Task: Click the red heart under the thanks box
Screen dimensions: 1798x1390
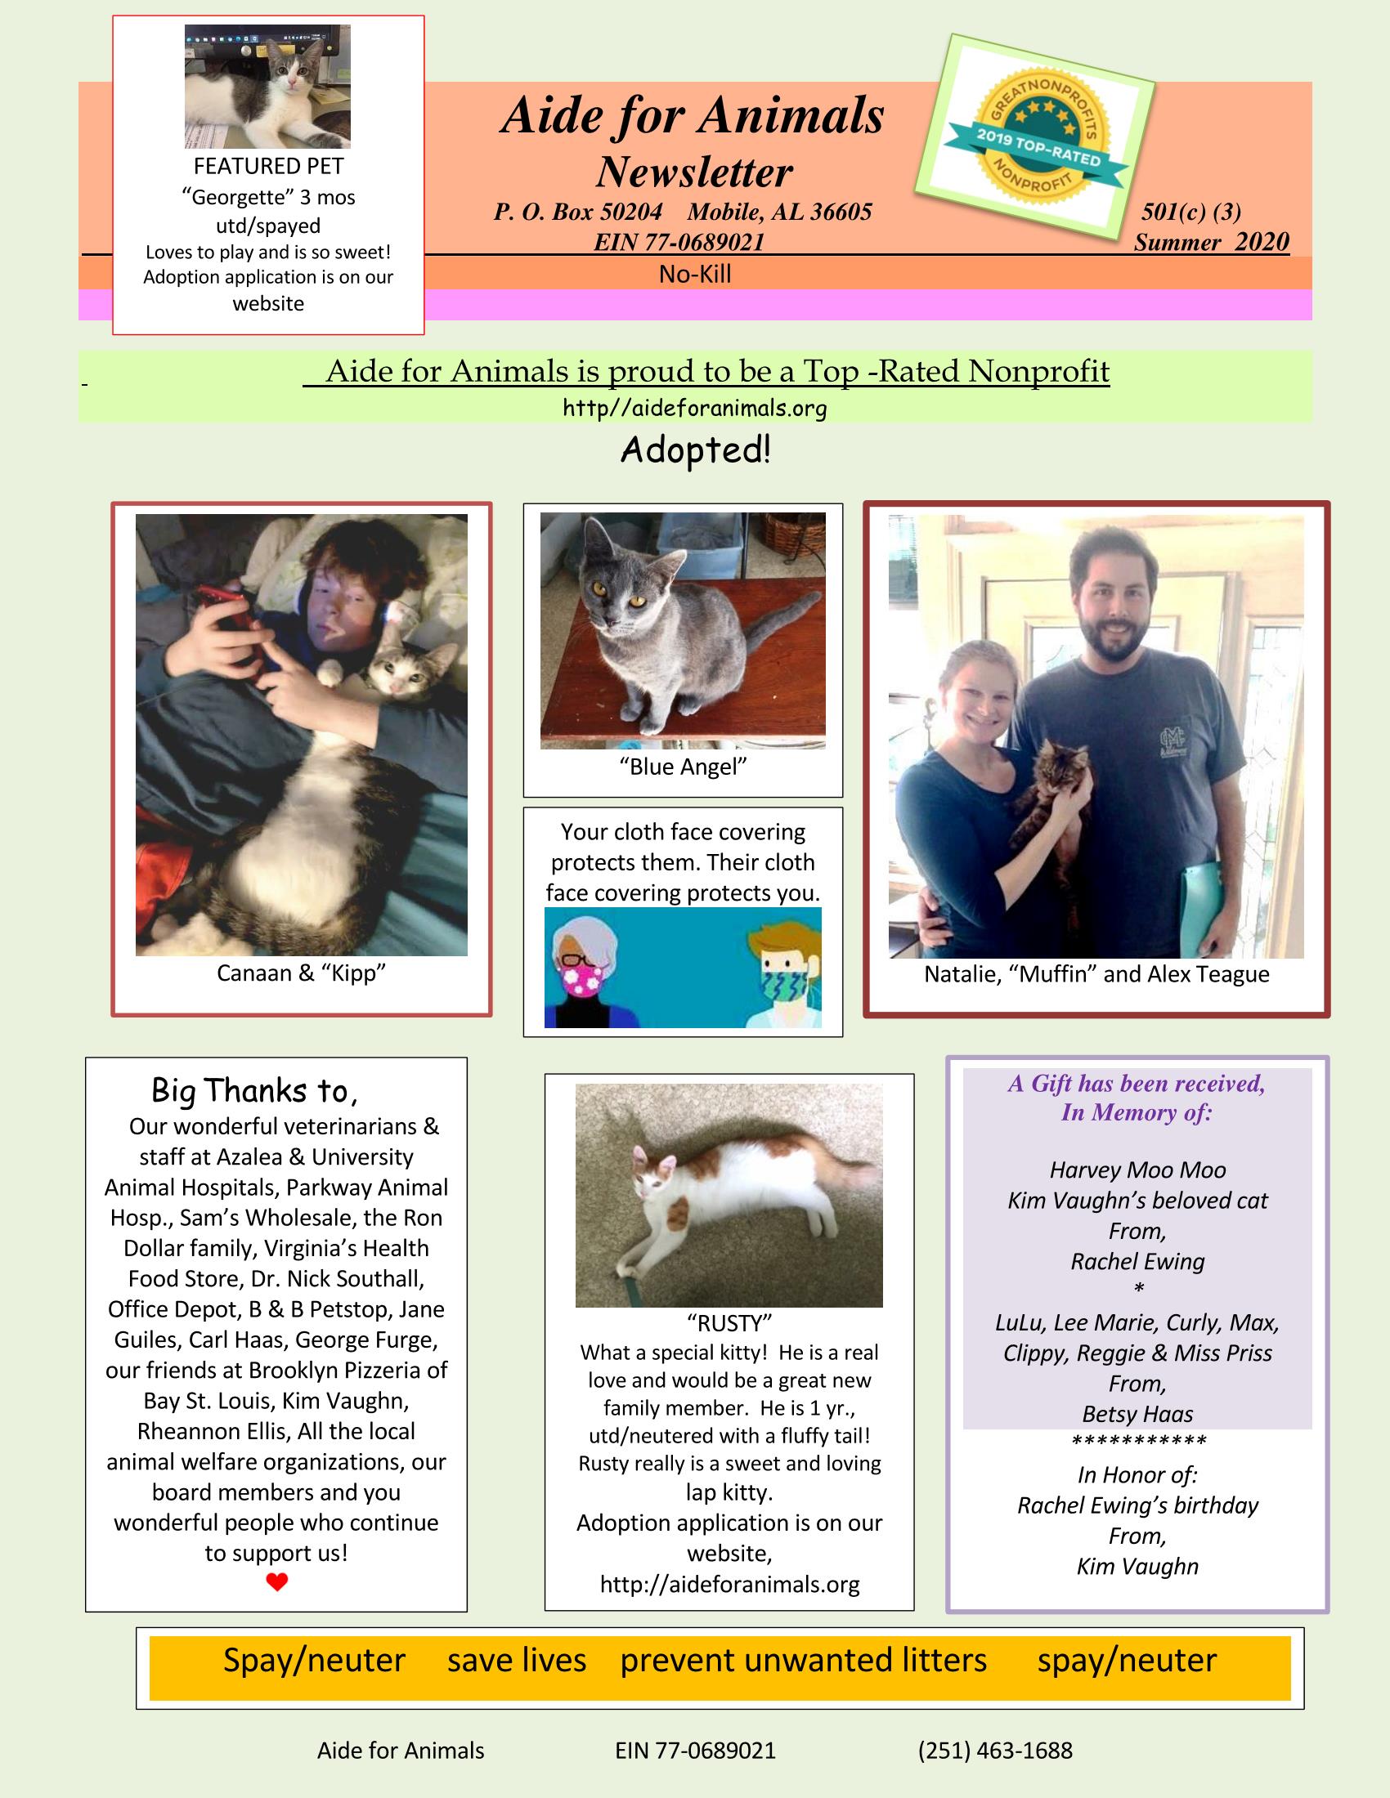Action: pyautogui.click(x=276, y=1581)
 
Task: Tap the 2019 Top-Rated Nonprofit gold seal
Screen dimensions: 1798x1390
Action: pyautogui.click(x=1037, y=133)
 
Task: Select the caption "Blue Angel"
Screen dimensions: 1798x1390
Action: pyautogui.click(x=683, y=767)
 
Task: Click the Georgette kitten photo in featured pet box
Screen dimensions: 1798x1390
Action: pyautogui.click(x=267, y=87)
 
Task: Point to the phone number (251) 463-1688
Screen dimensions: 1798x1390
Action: pyautogui.click(x=995, y=1751)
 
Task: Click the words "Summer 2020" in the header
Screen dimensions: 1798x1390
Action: pyautogui.click(x=1210, y=242)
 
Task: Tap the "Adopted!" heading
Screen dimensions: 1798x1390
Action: pyautogui.click(x=696, y=450)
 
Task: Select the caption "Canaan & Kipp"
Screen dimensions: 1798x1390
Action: pyautogui.click(x=302, y=973)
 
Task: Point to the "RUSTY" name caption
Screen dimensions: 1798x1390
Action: pyautogui.click(x=729, y=1323)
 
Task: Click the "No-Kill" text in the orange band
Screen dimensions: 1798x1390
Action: pyautogui.click(x=695, y=274)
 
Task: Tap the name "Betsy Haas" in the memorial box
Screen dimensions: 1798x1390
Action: pyautogui.click(x=1137, y=1414)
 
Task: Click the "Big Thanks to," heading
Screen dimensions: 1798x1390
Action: pyautogui.click(x=254, y=1091)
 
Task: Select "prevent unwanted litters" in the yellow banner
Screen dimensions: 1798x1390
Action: pyautogui.click(x=803, y=1661)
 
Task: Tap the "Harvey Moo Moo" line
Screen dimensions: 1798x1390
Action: pyautogui.click(x=1137, y=1170)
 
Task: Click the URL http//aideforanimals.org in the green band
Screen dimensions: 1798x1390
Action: pyautogui.click(x=695, y=408)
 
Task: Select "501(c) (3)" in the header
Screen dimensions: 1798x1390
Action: pyautogui.click(x=1190, y=212)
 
